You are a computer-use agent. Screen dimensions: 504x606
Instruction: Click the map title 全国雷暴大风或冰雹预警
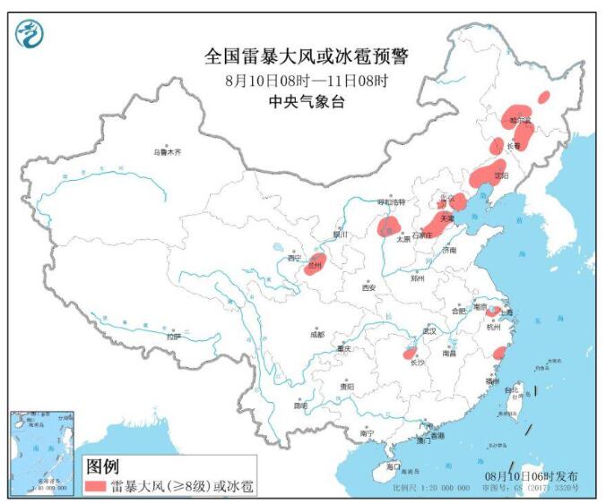click(x=306, y=57)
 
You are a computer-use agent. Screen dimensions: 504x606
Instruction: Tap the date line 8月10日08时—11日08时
click(x=306, y=81)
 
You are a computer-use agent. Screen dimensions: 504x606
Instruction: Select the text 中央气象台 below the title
click(x=306, y=102)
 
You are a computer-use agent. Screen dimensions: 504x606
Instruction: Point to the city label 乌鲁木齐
click(x=166, y=153)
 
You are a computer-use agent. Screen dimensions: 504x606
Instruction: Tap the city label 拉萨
click(x=173, y=337)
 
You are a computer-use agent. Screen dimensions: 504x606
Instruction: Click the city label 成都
click(x=316, y=334)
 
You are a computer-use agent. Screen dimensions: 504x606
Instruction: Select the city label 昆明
click(x=300, y=406)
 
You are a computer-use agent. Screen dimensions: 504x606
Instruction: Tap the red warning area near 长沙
click(x=411, y=353)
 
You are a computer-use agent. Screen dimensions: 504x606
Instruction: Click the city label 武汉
click(x=429, y=331)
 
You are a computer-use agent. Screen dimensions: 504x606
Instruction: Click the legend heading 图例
click(x=101, y=466)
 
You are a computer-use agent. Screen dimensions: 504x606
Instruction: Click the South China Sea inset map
click(x=43, y=453)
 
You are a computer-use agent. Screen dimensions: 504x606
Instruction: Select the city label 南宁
click(x=365, y=433)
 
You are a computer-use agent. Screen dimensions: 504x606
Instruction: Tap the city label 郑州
click(x=415, y=278)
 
